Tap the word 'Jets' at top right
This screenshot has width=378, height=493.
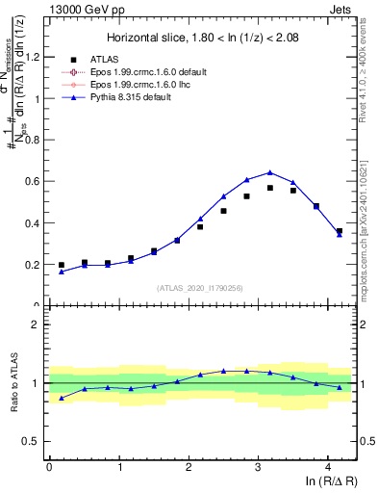pyautogui.click(x=343, y=9)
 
